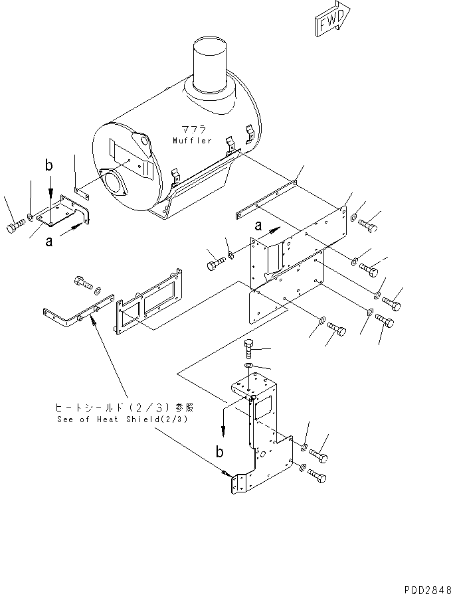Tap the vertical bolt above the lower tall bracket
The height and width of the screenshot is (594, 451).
(249, 348)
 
